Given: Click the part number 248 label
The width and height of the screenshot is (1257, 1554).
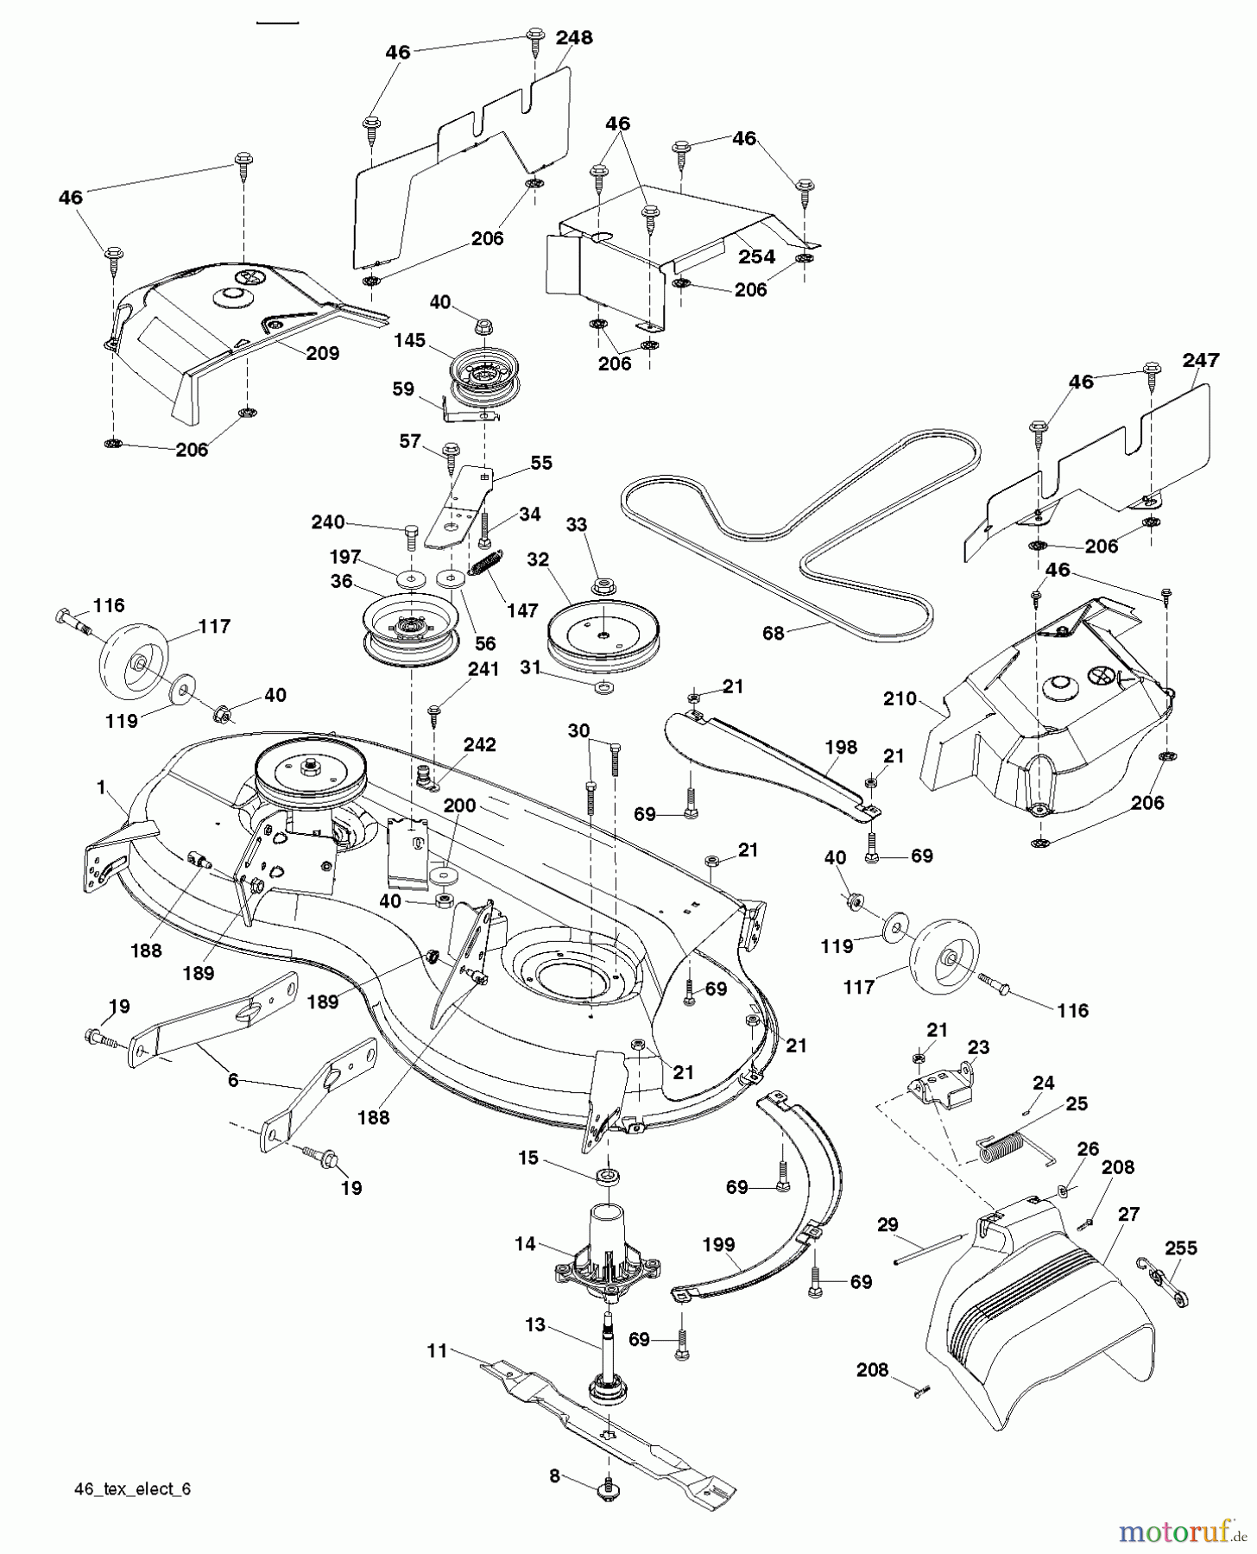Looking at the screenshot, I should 574,38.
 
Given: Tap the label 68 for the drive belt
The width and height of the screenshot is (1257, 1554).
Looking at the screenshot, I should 773,633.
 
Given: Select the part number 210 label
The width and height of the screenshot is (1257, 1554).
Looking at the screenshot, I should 900,698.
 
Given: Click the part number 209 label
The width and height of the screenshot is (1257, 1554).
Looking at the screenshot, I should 322,353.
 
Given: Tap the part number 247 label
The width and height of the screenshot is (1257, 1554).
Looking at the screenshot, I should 1201,361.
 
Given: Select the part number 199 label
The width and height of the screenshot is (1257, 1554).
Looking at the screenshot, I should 718,1244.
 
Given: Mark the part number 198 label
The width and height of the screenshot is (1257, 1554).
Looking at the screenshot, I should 840,747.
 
